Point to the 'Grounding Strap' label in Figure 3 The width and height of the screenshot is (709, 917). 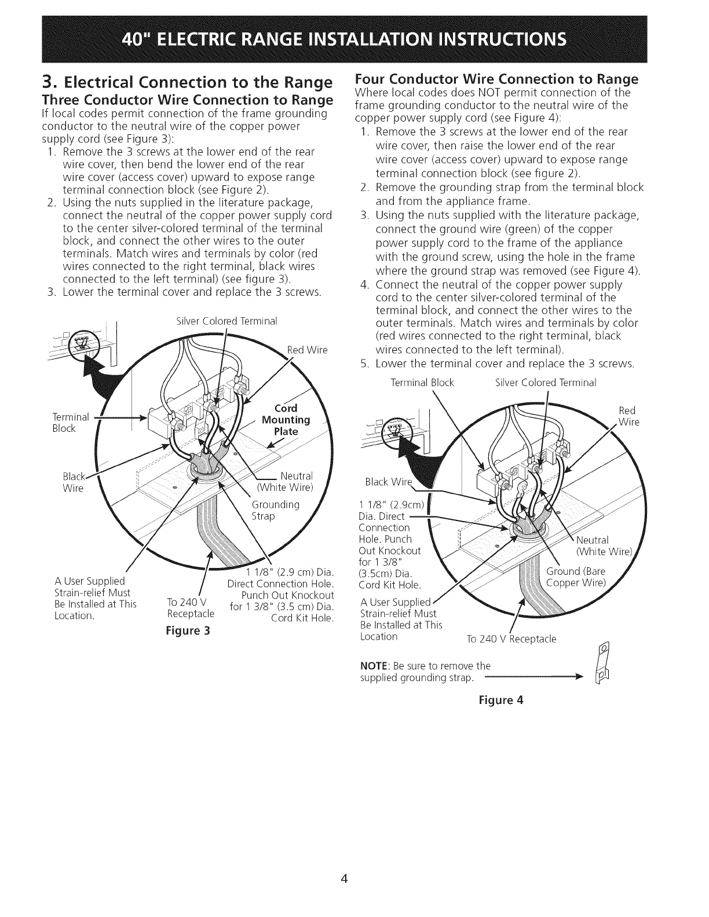(276, 510)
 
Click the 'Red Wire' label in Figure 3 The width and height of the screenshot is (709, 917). (308, 350)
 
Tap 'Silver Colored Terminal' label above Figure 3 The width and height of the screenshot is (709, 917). (227, 321)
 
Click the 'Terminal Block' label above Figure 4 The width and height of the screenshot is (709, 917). (422, 383)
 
